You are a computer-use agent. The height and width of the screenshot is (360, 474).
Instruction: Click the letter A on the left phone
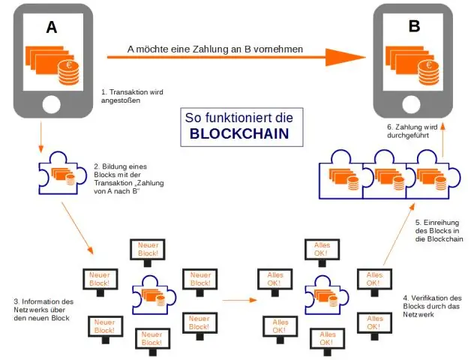pos(51,28)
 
